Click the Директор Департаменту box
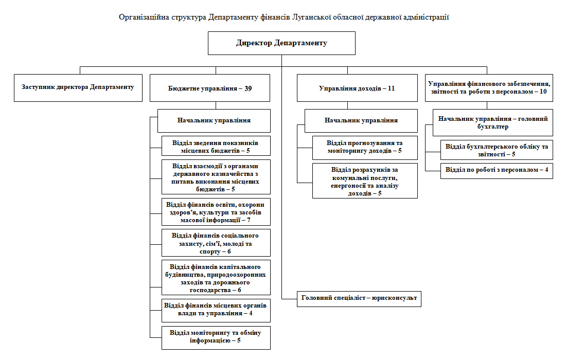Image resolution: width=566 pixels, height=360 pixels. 281,43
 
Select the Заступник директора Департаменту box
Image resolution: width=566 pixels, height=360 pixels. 78,87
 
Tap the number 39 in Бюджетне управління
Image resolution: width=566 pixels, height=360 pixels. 249,88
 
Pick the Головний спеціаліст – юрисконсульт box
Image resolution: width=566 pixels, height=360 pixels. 359,298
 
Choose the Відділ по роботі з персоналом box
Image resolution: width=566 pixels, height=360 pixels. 497,170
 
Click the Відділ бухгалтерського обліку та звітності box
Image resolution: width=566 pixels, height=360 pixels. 497,150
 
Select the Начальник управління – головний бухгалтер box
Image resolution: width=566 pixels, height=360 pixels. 492,122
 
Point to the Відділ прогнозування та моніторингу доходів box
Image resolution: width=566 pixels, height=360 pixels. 365,147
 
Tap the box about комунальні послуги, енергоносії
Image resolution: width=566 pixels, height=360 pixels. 365,181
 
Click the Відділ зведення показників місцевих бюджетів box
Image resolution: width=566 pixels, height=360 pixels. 216,146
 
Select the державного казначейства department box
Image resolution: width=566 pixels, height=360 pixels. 216,177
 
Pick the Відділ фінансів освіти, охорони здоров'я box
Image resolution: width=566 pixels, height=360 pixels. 216,211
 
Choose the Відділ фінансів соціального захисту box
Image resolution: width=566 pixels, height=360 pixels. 216,243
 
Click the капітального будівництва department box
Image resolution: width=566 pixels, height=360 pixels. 216,278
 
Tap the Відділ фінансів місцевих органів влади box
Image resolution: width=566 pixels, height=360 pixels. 216,309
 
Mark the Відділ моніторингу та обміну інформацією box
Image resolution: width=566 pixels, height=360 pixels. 216,337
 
